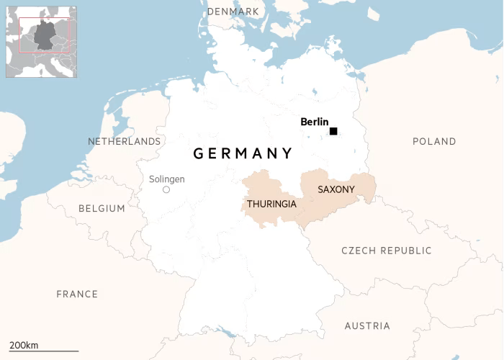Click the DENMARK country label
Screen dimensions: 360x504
(x=233, y=12)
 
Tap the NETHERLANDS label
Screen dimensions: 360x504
(x=124, y=142)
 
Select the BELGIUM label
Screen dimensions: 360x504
(x=102, y=209)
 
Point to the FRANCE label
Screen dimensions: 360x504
(x=77, y=294)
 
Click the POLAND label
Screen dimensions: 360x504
(x=434, y=142)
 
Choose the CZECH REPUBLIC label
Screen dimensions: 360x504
(x=387, y=251)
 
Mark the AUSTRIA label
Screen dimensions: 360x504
(x=367, y=326)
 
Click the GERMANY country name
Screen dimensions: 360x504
(x=243, y=153)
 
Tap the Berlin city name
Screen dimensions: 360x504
(x=315, y=122)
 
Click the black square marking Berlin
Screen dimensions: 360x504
(x=333, y=131)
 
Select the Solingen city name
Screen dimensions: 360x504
(x=166, y=179)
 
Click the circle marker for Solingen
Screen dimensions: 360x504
(x=166, y=190)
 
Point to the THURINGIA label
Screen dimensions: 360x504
(x=271, y=204)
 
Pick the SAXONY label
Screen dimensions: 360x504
(x=336, y=189)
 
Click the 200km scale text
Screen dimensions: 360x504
(x=24, y=346)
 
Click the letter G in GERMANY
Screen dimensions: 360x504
(x=199, y=153)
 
